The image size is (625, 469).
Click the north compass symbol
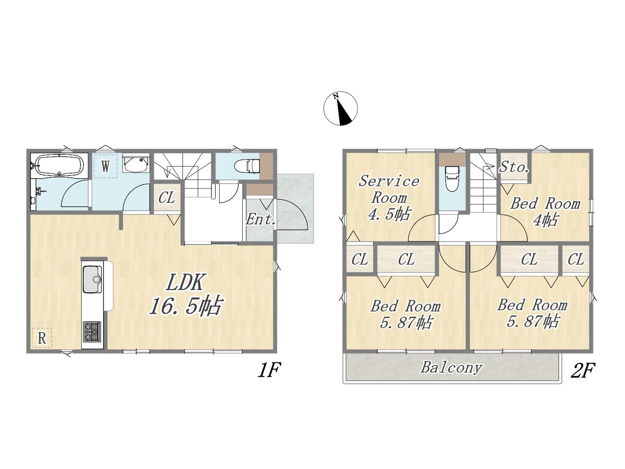click(x=340, y=108)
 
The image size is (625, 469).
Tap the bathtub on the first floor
click(x=59, y=165)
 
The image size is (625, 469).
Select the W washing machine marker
click(x=105, y=166)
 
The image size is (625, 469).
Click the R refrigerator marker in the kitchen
click(x=42, y=338)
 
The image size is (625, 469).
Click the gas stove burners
click(x=92, y=332)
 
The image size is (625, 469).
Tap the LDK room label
click(x=185, y=282)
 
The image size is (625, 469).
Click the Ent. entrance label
click(x=260, y=219)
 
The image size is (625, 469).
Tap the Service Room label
click(x=389, y=190)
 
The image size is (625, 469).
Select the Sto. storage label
click(x=514, y=167)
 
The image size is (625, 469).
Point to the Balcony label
click(x=451, y=367)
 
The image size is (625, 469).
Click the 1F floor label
click(x=270, y=370)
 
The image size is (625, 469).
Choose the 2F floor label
click(x=583, y=370)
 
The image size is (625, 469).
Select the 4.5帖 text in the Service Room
click(x=389, y=214)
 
